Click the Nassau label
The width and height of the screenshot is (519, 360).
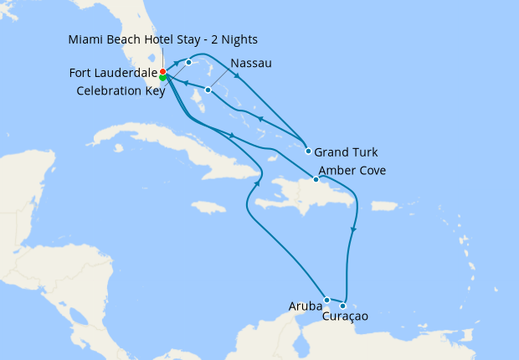click(x=250, y=63)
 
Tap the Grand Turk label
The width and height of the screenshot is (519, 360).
click(x=346, y=152)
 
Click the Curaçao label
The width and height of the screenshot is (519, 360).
click(x=345, y=316)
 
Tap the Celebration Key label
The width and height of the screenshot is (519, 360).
click(x=120, y=91)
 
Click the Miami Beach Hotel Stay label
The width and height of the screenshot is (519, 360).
click(x=163, y=39)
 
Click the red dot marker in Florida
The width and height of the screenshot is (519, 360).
click(x=162, y=72)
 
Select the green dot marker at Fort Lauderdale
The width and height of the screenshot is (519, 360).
click(x=162, y=78)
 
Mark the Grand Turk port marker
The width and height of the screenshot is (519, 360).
click(x=309, y=152)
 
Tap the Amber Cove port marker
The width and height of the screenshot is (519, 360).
click(x=316, y=179)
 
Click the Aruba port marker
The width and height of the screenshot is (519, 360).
click(x=326, y=300)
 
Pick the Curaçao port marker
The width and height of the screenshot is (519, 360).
click(x=342, y=306)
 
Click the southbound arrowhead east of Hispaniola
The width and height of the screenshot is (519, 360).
click(x=355, y=228)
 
